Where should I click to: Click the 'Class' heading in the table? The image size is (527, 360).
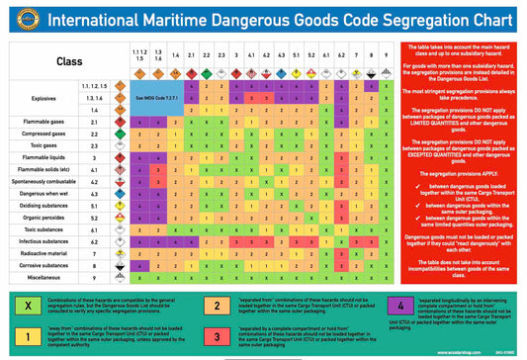click(x=68, y=60)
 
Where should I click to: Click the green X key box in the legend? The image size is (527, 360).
click(x=21, y=305)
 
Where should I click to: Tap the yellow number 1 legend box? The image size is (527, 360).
click(x=21, y=338)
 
